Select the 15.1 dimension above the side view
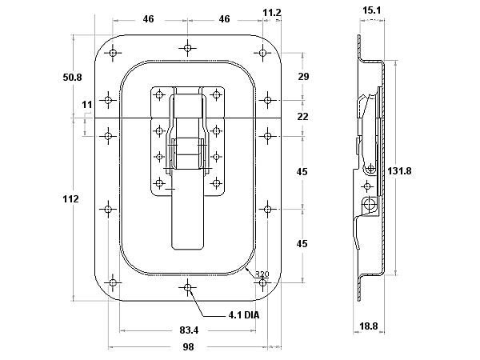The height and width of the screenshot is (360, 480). [x=372, y=10]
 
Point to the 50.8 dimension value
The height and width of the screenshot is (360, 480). [x=73, y=77]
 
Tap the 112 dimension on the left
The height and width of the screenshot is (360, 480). [x=72, y=199]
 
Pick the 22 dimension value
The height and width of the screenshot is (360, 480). [x=303, y=117]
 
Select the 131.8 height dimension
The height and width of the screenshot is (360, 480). [x=400, y=171]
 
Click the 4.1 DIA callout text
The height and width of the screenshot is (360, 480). [x=244, y=314]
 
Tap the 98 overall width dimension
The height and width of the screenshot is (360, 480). [x=188, y=348]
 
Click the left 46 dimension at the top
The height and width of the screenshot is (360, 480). [x=149, y=18]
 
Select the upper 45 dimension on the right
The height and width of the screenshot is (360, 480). [x=303, y=171]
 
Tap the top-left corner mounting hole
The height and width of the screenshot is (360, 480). [x=114, y=53]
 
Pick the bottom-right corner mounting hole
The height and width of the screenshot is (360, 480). [x=262, y=284]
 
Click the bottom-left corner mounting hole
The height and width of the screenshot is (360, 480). [x=114, y=284]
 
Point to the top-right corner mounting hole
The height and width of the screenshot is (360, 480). [x=262, y=53]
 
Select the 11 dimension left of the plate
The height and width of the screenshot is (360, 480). [x=87, y=104]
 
